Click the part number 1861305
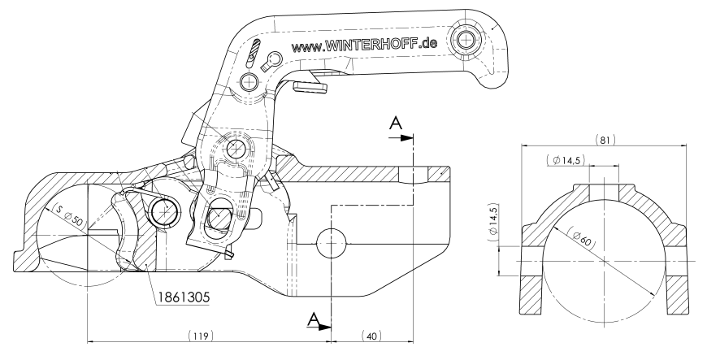click(x=183, y=297)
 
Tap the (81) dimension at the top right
click(x=605, y=139)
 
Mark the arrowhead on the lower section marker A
click(x=326, y=327)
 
